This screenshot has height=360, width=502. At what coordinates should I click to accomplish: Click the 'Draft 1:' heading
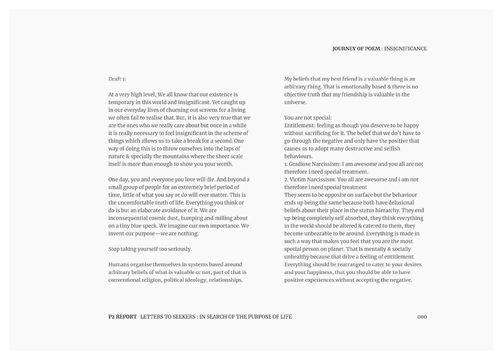click(x=117, y=79)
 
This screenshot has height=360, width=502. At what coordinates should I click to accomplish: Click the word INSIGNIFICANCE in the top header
click(x=406, y=48)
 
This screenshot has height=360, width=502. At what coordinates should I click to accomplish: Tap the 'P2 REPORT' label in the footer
click(x=119, y=316)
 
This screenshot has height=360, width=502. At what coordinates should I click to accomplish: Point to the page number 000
click(x=422, y=316)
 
